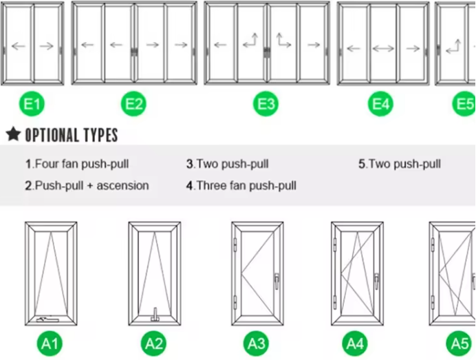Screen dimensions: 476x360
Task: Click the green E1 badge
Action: click(x=32, y=104)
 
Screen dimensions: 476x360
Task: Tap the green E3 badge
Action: click(x=266, y=104)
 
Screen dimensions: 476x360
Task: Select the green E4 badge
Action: click(x=380, y=104)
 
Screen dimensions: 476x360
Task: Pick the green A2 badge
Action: click(x=153, y=343)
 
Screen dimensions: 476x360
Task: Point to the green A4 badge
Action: click(x=355, y=343)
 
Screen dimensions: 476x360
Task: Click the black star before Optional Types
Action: click(x=13, y=134)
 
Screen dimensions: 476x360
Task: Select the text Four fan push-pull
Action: click(x=82, y=164)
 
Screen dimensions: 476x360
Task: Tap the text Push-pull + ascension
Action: click(x=92, y=185)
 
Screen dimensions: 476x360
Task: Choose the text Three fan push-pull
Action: click(x=246, y=185)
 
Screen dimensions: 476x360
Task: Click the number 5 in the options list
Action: click(x=362, y=164)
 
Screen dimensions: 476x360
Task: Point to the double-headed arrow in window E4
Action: click(x=383, y=49)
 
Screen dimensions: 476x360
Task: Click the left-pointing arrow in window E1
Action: click(x=19, y=46)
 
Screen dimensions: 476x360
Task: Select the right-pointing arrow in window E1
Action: click(x=47, y=46)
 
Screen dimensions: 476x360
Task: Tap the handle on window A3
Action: click(x=277, y=281)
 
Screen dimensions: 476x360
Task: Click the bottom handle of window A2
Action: click(x=155, y=315)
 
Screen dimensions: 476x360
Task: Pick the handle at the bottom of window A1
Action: click(x=47, y=319)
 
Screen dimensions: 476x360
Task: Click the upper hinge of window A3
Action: click(x=235, y=245)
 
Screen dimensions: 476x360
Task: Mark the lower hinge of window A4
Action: click(x=335, y=302)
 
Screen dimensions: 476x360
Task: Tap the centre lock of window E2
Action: click(x=134, y=52)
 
